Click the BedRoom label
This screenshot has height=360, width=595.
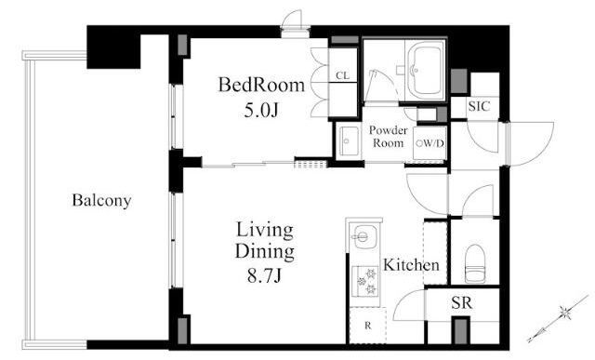click(261, 85)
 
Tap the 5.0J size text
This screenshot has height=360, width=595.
click(261, 110)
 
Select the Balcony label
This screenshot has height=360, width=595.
click(101, 201)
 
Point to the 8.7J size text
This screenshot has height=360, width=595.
click(264, 275)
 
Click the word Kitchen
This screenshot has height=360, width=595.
click(411, 265)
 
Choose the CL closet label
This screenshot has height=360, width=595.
click(343, 75)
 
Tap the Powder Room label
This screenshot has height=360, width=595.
click(389, 137)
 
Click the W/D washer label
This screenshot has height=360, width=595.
click(430, 143)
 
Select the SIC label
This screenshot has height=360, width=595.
click(479, 106)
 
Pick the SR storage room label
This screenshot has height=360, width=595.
click(462, 302)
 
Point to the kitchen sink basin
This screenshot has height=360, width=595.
click(363, 236)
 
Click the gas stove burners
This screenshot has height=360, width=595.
click(365, 281)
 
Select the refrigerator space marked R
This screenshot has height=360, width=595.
click(368, 326)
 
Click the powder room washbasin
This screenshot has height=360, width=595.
click(349, 140)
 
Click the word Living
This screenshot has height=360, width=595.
click(264, 231)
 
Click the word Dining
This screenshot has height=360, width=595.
click(264, 252)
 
